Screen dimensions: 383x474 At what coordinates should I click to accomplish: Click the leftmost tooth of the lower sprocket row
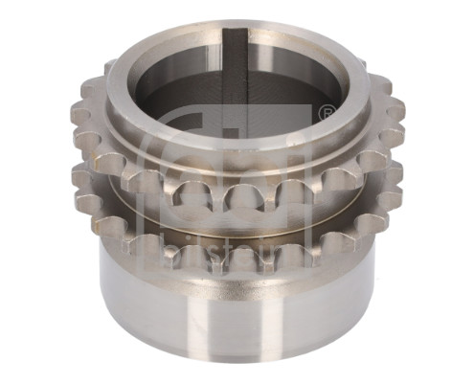click(77, 177)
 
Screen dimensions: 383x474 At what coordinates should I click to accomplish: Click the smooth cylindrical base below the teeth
click(172, 306)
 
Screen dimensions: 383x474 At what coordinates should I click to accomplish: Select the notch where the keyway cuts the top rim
click(237, 34)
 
